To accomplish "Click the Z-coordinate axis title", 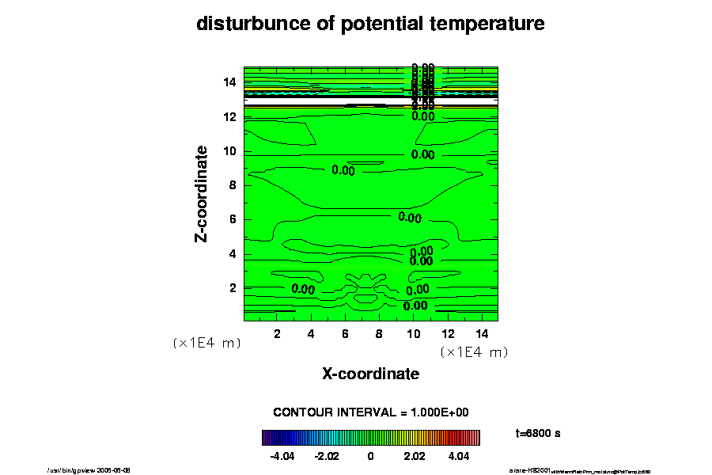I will tap(203, 193).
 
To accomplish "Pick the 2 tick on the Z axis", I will tap(233, 288).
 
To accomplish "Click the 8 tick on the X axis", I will tap(379, 334).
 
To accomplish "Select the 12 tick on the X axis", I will tap(447, 334).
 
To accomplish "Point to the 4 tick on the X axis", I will tap(311, 334).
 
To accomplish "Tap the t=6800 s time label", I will tap(538, 434).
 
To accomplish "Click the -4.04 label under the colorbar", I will tap(282, 457).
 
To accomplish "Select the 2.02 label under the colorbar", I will tap(415, 457).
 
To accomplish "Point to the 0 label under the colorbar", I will tap(370, 457).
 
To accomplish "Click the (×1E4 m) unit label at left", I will tap(206, 344).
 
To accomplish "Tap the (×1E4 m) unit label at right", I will tap(473, 352).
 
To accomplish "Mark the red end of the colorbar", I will tap(475, 438).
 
